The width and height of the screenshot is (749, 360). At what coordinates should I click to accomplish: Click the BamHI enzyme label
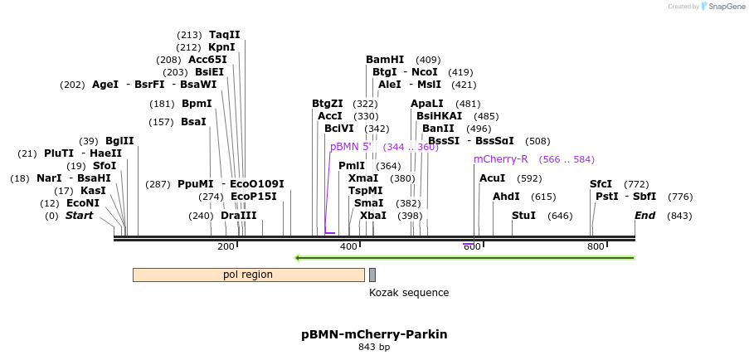click(x=385, y=60)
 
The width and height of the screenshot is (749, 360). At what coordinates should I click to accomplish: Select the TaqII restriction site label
click(x=224, y=35)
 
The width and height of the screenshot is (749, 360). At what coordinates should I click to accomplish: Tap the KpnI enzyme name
click(x=221, y=47)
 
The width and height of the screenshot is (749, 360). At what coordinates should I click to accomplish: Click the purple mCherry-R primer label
click(x=500, y=159)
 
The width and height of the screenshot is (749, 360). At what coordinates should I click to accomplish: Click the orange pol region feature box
click(x=248, y=275)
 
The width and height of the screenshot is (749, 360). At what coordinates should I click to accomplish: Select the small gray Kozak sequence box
click(x=372, y=275)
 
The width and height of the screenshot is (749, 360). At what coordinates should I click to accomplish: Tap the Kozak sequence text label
click(x=409, y=293)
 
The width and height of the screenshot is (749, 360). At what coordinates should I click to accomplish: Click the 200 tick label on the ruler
click(x=226, y=246)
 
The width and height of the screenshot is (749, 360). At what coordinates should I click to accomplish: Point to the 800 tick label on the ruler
click(x=596, y=246)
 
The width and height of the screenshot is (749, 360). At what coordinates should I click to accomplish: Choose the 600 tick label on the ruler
click(x=472, y=246)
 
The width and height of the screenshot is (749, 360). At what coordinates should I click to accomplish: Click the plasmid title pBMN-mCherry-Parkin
click(x=374, y=334)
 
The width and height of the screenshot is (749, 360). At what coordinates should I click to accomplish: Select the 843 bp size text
click(x=374, y=348)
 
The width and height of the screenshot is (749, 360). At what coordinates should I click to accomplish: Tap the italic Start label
click(x=79, y=216)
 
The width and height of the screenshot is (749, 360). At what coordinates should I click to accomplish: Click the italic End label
click(x=645, y=216)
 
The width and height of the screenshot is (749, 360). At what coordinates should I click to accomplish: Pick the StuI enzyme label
click(x=524, y=216)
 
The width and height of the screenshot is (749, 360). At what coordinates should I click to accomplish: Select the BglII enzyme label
click(x=119, y=141)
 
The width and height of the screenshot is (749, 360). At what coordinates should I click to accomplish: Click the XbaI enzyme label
click(x=372, y=216)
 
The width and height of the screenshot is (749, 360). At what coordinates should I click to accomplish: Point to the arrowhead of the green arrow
click(x=299, y=257)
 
